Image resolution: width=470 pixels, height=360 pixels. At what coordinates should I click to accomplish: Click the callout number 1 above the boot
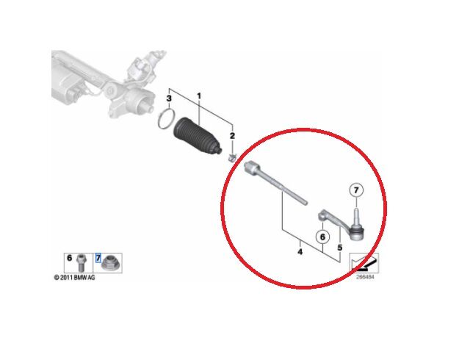[x=199, y=96]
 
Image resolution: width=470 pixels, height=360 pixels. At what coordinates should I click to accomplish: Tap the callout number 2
[x=232, y=136]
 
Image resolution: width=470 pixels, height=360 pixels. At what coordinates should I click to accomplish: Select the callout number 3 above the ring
[x=169, y=98]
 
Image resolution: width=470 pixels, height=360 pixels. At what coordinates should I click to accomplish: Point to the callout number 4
[x=300, y=252]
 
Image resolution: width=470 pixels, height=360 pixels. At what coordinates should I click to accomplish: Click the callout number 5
[x=339, y=248]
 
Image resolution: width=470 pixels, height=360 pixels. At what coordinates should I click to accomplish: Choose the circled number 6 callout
[x=322, y=237]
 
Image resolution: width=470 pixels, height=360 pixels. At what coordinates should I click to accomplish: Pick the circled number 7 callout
[x=356, y=190]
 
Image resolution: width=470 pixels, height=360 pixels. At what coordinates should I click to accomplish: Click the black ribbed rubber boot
[x=198, y=137]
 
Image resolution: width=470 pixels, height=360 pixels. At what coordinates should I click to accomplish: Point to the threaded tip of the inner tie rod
[x=304, y=202]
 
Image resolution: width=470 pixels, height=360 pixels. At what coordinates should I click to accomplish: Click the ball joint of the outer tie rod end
[x=357, y=232]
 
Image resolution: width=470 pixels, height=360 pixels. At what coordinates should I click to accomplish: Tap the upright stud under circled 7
[x=355, y=215]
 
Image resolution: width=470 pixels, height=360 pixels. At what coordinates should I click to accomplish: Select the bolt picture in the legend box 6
[x=81, y=262]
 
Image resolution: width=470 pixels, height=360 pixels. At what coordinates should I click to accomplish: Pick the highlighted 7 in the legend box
[x=98, y=258]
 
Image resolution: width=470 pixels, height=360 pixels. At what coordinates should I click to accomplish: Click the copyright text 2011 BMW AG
[x=75, y=278]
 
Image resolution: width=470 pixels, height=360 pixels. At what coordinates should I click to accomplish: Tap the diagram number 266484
[x=365, y=277]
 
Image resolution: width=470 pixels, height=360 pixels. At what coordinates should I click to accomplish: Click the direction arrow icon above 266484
[x=364, y=263]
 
